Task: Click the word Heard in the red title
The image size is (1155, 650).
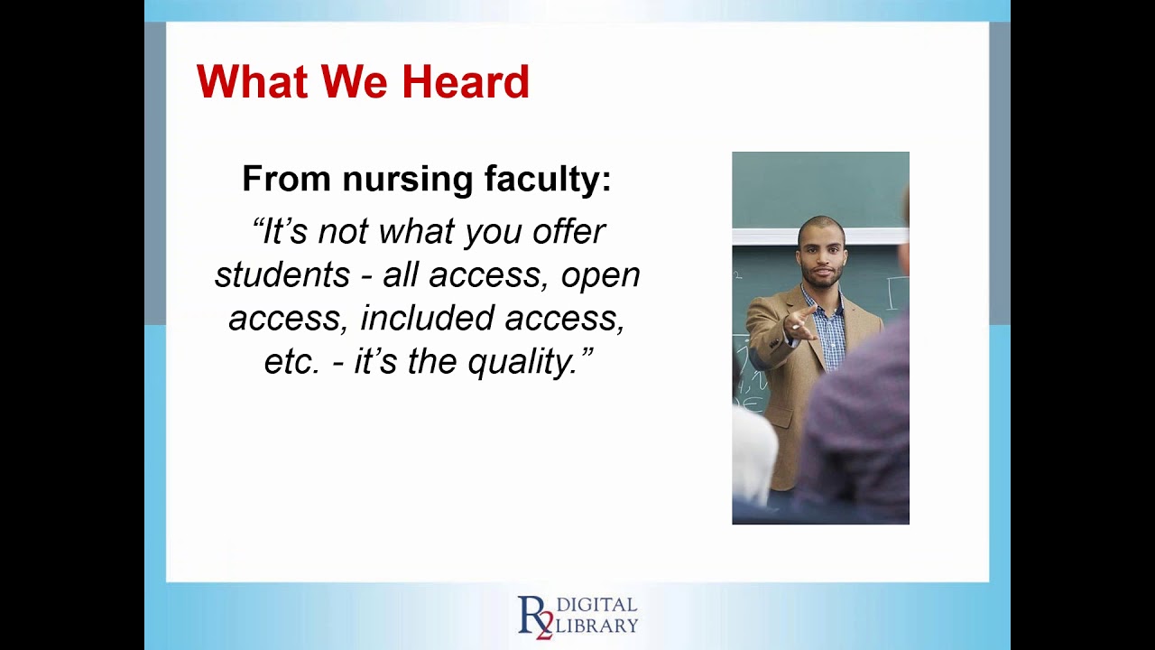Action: pyautogui.click(x=465, y=82)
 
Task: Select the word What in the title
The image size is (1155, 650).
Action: pyautogui.click(x=254, y=82)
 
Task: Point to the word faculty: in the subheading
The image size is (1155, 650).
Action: pyautogui.click(x=548, y=179)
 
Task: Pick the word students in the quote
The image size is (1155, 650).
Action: pyautogui.click(x=282, y=275)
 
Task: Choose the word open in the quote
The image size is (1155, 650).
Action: pyautogui.click(x=600, y=275)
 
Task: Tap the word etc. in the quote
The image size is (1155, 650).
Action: pyautogui.click(x=292, y=362)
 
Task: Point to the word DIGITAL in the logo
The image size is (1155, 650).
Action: pyautogui.click(x=596, y=605)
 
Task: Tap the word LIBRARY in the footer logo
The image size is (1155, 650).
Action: pyautogui.click(x=596, y=625)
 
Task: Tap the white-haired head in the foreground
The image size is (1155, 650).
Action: pyautogui.click(x=753, y=451)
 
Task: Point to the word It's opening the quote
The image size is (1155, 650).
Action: pyautogui.click(x=281, y=232)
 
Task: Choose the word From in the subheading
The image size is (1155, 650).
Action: pyautogui.click(x=286, y=179)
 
